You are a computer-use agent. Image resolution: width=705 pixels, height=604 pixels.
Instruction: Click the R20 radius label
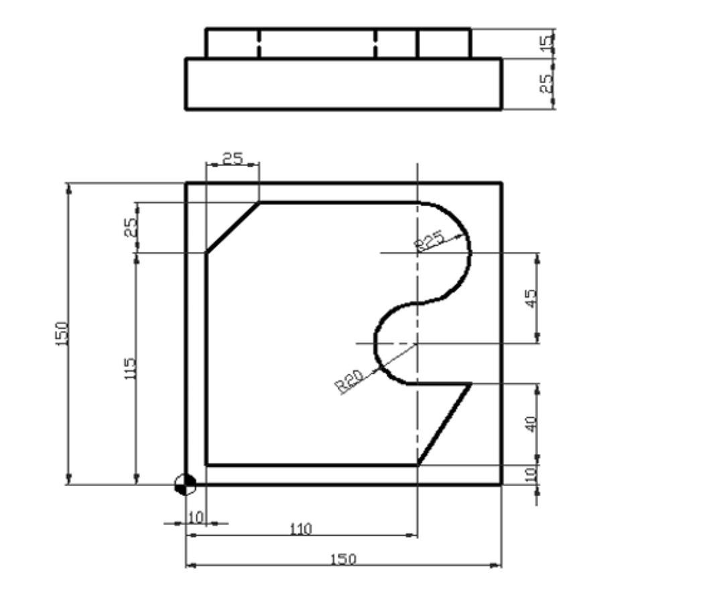point(349,381)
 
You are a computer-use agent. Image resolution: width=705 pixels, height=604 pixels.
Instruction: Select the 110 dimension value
point(300,529)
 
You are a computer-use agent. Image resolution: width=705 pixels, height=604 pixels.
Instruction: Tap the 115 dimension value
point(131,368)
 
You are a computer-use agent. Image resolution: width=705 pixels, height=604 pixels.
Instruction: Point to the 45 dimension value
point(531,299)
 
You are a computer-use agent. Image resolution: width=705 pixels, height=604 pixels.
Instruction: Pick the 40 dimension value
point(531,423)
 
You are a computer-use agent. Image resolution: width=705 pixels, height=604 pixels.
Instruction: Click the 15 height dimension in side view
point(547,43)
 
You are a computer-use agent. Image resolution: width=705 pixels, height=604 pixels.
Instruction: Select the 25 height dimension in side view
point(547,82)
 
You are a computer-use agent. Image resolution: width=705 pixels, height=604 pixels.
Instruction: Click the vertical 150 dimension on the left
point(61,333)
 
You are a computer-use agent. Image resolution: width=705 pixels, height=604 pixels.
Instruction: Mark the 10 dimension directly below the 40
point(531,474)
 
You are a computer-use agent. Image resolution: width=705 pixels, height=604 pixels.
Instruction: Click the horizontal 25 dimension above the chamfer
point(233,159)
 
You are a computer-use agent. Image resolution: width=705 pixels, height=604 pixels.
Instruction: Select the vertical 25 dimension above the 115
point(131,228)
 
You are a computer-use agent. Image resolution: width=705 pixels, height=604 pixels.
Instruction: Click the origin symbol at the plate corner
point(185,483)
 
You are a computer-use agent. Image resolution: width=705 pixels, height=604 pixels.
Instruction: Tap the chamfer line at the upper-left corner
point(233,228)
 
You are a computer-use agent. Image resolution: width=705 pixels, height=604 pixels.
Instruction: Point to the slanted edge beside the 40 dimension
point(444,423)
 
